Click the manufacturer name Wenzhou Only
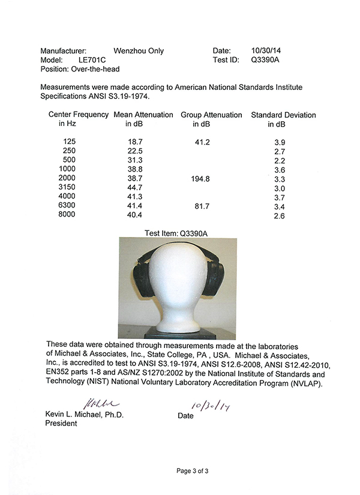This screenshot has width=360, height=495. tap(138, 51)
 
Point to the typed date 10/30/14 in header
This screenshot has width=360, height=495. tap(264, 51)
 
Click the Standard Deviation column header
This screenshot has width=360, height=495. tap(283, 115)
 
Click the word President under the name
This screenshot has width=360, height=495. tap(61, 424)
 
